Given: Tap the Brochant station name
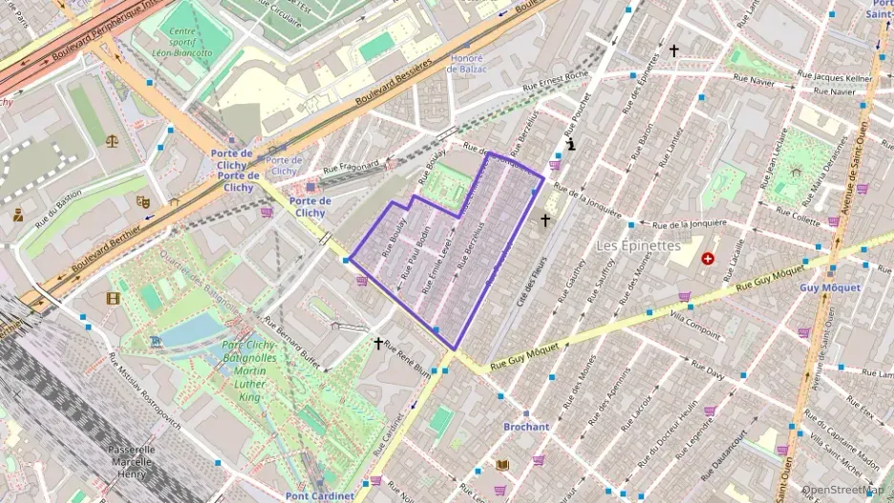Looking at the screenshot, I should [x=525, y=427].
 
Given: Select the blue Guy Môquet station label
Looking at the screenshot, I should [x=829, y=287].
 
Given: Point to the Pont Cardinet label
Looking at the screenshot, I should [x=319, y=495].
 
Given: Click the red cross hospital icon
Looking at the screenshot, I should [x=708, y=259].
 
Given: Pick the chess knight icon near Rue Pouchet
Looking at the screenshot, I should [x=571, y=146].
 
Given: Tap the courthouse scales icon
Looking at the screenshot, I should [x=113, y=140].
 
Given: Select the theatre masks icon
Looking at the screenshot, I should [x=143, y=201].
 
